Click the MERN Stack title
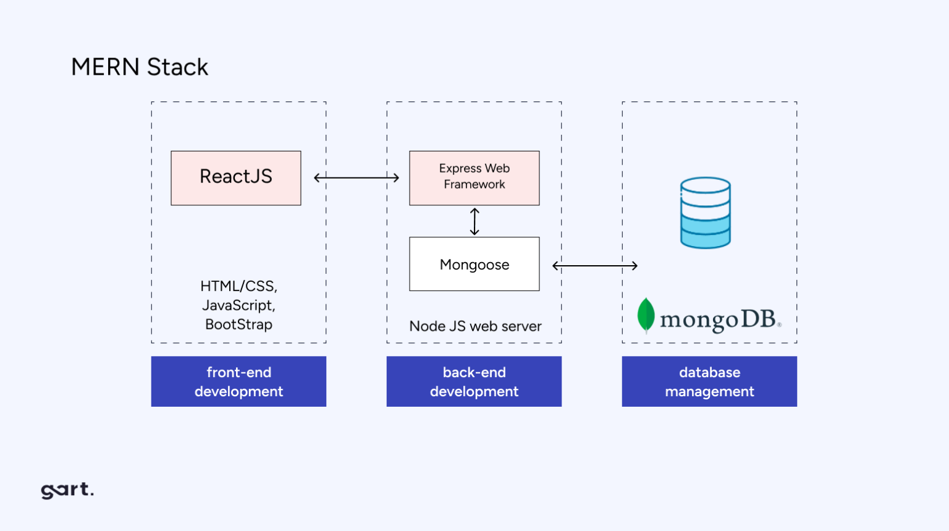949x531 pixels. [140, 67]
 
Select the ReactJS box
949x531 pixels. [236, 177]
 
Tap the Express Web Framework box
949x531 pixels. [474, 177]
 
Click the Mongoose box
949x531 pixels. [474, 264]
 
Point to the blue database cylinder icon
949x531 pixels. [705, 213]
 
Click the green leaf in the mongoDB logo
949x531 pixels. [646, 315]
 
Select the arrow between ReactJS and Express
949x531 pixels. [356, 178]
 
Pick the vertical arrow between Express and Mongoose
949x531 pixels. [474, 221]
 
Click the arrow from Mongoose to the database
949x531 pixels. [594, 266]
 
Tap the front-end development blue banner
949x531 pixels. [238, 381]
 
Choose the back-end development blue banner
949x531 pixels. [474, 381]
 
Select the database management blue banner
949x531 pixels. [709, 381]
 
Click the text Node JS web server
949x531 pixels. [475, 326]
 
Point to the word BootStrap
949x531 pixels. [238, 325]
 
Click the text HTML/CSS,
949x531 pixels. [238, 286]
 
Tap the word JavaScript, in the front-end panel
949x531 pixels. [238, 305]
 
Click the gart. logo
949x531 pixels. [67, 490]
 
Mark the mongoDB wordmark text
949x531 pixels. [718, 320]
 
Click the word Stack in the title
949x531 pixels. [177, 67]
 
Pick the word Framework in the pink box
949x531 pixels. [474, 185]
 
